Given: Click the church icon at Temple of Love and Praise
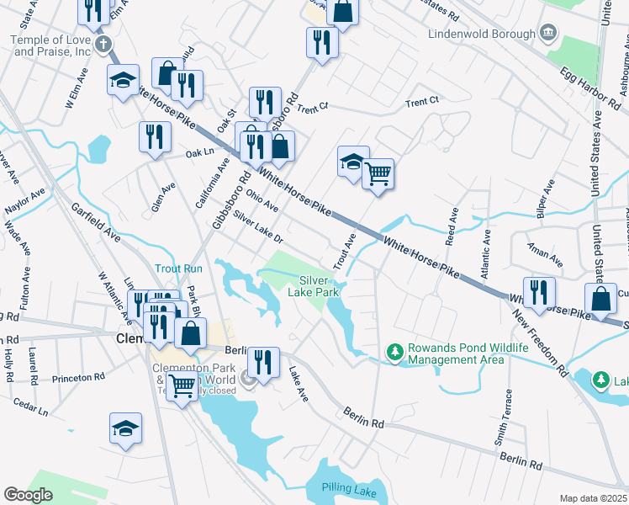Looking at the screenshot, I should point(103,45).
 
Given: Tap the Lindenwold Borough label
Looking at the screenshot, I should point(481,34).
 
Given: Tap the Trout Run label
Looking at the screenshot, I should point(178,268).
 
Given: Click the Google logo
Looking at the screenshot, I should point(28,495).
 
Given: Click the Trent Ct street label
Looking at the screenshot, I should point(422,102).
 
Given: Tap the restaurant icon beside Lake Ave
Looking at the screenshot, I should point(263,363).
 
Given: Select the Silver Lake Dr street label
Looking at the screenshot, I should point(259,229).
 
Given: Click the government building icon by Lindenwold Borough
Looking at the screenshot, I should point(548,33).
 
